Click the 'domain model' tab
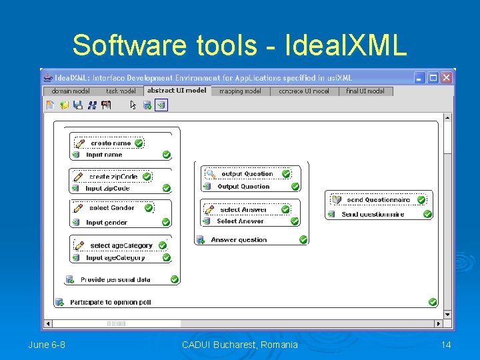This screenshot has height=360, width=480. click(70, 91)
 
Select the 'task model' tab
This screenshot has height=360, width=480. click(121, 91)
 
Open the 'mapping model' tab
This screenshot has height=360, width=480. click(240, 91)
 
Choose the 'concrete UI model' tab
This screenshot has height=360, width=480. click(304, 91)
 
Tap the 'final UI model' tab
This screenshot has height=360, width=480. click(365, 91)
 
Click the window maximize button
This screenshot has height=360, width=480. click(433, 77)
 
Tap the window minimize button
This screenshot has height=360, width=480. click(420, 77)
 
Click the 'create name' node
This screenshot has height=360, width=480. click(111, 143)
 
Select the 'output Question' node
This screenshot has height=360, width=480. click(247, 174)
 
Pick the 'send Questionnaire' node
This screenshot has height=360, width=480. click(378, 199)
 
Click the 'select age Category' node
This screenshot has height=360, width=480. click(121, 245)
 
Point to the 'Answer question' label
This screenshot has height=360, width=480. click(239, 240)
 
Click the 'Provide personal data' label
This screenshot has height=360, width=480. click(115, 280)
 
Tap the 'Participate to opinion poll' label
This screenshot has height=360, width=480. click(111, 303)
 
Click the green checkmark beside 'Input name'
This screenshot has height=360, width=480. click(167, 155)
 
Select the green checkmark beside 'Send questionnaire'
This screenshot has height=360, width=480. click(428, 215)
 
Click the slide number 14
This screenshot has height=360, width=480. click(446, 345)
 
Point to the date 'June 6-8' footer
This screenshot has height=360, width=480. click(47, 345)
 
